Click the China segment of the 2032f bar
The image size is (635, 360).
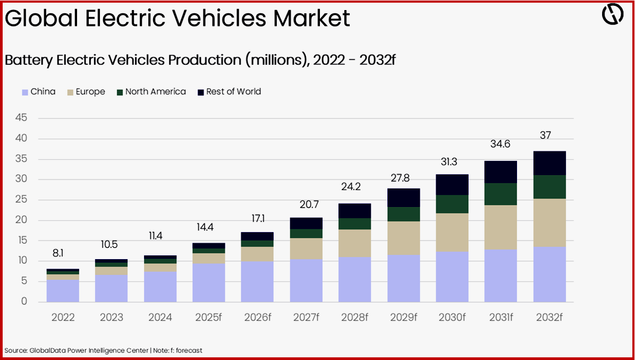click(x=549, y=274)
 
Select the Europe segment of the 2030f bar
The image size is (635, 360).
click(x=452, y=232)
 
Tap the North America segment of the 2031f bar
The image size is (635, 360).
click(x=501, y=194)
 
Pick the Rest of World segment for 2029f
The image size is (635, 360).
click(x=403, y=198)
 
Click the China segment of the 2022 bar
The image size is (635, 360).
click(x=63, y=291)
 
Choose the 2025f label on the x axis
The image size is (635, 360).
click(x=209, y=318)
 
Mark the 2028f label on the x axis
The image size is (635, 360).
click(x=355, y=318)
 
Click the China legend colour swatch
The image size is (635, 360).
click(x=24, y=92)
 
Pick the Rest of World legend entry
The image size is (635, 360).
click(x=233, y=92)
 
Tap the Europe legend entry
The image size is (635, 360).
click(x=90, y=92)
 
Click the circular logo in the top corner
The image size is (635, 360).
click(x=612, y=14)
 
